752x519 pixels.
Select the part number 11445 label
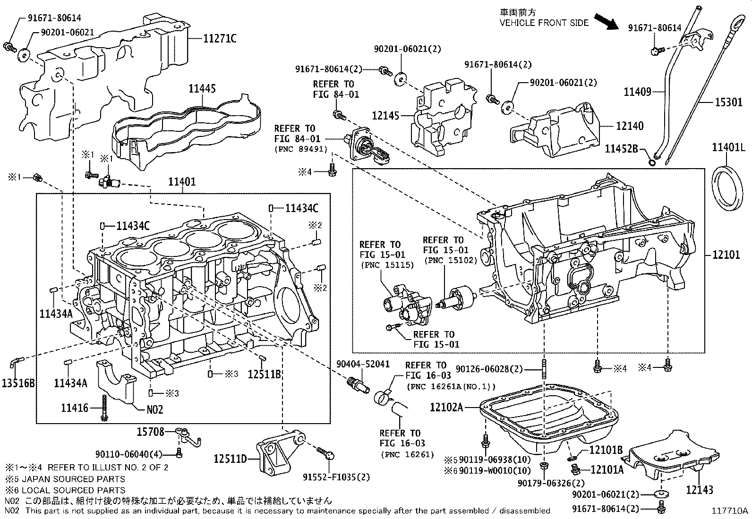[202, 88]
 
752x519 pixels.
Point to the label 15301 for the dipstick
[728, 102]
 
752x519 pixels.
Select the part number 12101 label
[726, 255]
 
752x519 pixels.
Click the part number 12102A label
[446, 407]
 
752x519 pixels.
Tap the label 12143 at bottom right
[699, 491]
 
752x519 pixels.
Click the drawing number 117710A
[730, 510]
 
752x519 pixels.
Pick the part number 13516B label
[18, 383]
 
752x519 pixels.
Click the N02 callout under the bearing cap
[154, 409]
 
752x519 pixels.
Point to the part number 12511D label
[230, 459]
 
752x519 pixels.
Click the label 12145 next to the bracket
[385, 116]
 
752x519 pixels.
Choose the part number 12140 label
[629, 126]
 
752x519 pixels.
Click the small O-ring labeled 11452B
[651, 162]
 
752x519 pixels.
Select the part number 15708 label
[151, 431]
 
